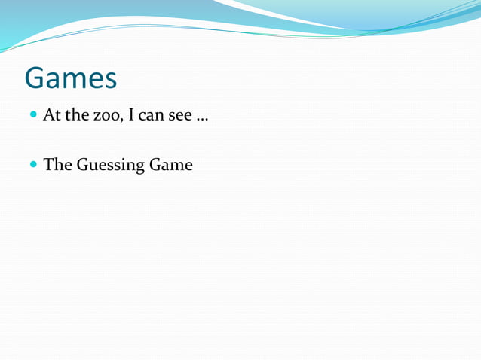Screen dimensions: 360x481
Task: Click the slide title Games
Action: (x=71, y=78)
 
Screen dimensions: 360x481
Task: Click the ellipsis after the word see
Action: (x=202, y=120)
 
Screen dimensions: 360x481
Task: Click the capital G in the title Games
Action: (x=35, y=78)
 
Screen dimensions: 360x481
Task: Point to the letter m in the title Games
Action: (x=74, y=80)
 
